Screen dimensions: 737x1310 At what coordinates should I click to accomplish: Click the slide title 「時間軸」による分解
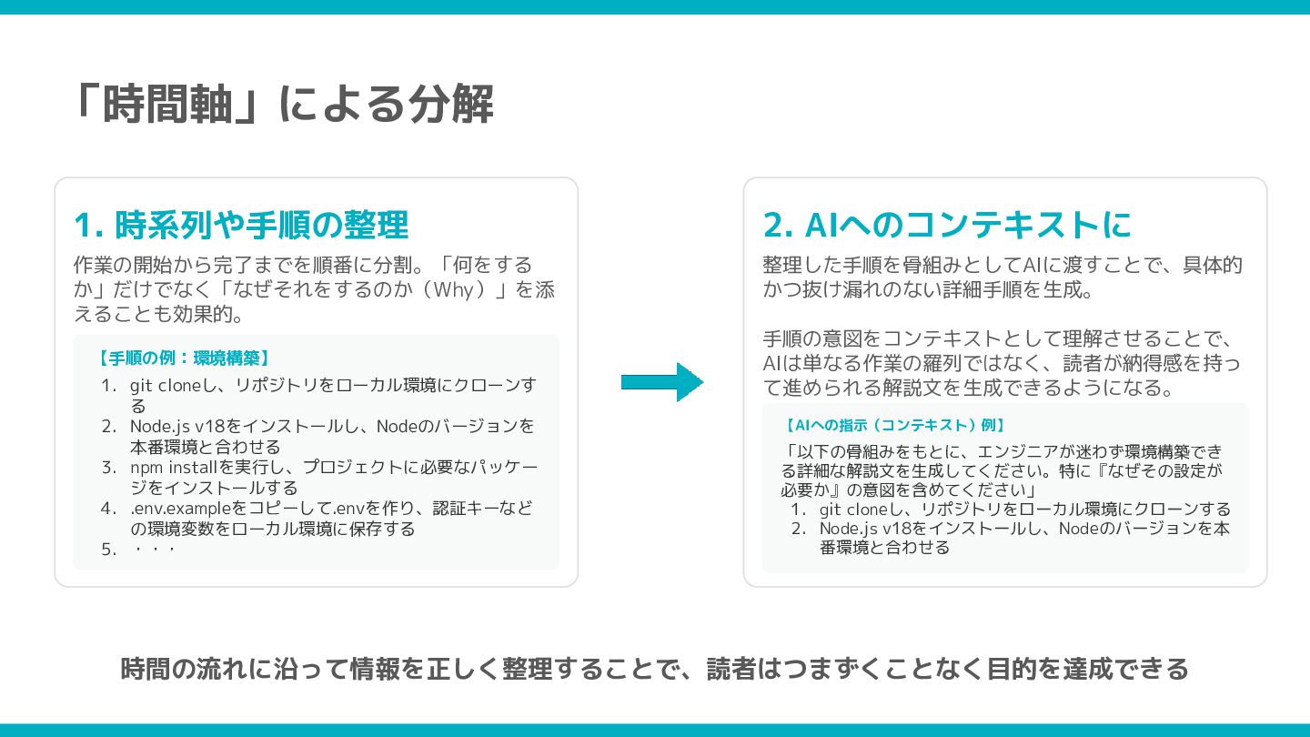283,105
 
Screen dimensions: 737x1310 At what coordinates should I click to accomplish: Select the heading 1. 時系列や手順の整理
241,225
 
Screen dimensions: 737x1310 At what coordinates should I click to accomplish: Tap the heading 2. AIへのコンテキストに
947,225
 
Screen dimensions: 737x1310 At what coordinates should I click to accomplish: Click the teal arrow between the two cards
661,381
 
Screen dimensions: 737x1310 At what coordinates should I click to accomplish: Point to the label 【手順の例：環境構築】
182,358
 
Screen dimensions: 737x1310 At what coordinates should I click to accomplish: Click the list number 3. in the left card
109,468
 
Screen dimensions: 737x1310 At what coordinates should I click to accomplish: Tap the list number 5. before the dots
109,550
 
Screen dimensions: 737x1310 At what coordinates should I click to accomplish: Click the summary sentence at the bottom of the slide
655,669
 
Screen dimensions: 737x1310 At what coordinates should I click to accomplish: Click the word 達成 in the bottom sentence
1062,669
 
